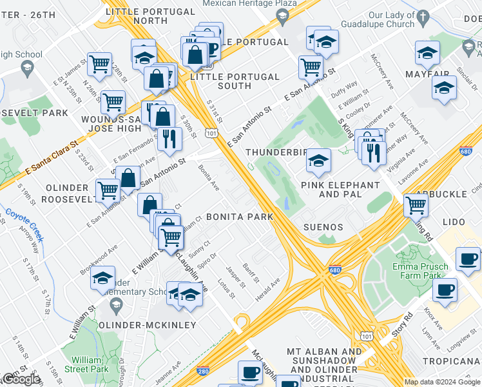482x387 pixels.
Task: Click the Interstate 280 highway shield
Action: (x=204, y=372)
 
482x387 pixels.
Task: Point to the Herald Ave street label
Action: (x=267, y=283)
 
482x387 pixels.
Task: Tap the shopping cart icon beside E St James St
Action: (x=99, y=64)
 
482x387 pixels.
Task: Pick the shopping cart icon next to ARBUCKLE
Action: (x=416, y=205)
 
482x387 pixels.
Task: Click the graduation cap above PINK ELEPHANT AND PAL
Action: (x=318, y=160)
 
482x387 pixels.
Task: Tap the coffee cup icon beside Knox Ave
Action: (x=444, y=290)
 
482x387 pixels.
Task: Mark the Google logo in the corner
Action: (x=21, y=379)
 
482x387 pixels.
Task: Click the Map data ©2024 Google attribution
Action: (x=442, y=382)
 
